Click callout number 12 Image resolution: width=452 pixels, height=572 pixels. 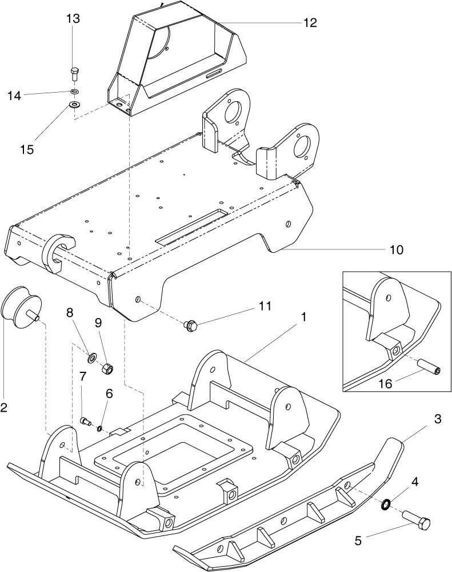[x=310, y=23]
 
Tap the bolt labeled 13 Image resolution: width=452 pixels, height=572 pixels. [x=74, y=74]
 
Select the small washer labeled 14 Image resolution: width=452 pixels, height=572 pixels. [x=75, y=92]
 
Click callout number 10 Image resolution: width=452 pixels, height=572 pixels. [x=396, y=250]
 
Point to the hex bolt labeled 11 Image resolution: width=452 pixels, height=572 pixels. [x=190, y=325]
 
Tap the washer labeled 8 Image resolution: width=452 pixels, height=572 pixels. [x=91, y=359]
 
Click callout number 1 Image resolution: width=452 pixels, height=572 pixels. [x=304, y=317]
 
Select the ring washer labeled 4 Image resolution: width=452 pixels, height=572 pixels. [x=386, y=505]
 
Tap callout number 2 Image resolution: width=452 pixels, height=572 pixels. [x=5, y=407]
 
